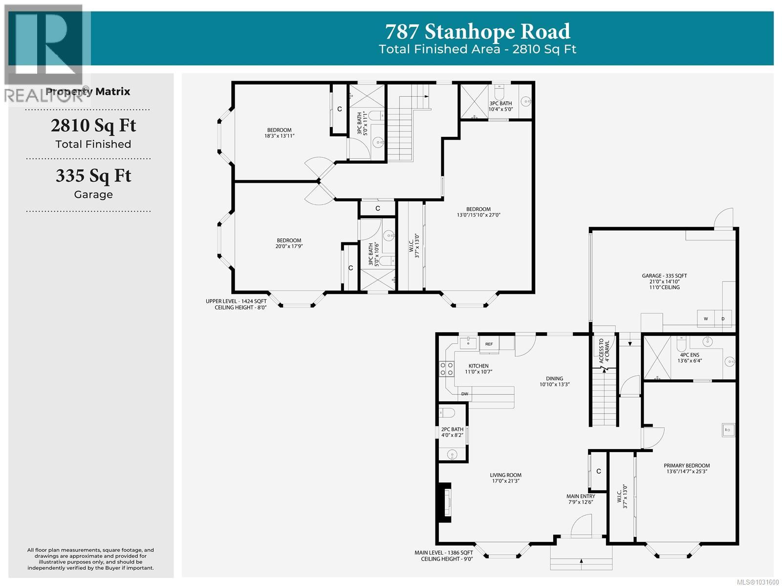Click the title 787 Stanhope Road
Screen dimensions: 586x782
[x=478, y=32]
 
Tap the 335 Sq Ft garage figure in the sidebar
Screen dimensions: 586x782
[x=93, y=176]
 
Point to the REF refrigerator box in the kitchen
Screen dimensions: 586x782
[x=489, y=344]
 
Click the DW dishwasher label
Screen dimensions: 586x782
[x=464, y=394]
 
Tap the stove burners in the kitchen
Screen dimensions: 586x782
[x=446, y=369]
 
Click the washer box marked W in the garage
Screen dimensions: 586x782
[x=705, y=319]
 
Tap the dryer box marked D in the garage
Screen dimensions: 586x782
[x=723, y=319]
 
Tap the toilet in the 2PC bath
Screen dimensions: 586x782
[x=447, y=413]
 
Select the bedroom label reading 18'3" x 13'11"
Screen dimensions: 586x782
[x=279, y=133]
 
